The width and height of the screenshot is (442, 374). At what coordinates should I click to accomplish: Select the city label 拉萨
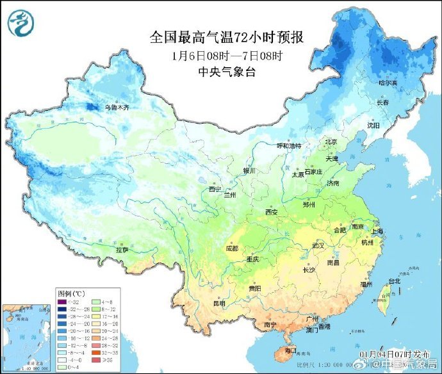[x=122, y=250]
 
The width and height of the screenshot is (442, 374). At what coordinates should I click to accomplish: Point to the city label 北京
[x=331, y=142]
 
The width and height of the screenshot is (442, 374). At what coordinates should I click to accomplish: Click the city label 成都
[x=232, y=248]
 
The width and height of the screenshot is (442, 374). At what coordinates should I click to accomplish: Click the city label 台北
[x=394, y=280]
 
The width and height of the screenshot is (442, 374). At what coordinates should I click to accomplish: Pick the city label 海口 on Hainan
[x=290, y=350]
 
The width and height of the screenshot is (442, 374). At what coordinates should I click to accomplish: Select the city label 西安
[x=271, y=212]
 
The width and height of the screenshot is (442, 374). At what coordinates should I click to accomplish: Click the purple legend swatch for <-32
[x=62, y=302]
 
